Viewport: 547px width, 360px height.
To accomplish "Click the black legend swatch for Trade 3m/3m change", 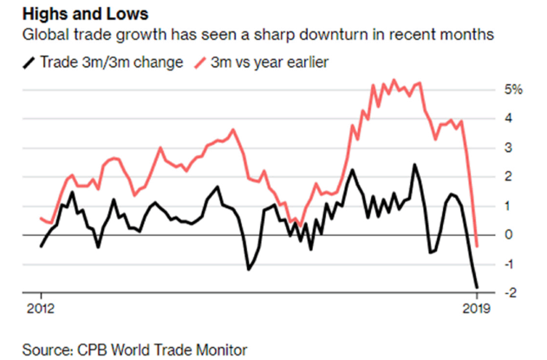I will tap(32, 62).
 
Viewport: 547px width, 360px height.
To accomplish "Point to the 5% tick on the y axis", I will tap(513, 89).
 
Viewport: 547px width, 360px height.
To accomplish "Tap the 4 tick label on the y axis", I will tap(509, 119).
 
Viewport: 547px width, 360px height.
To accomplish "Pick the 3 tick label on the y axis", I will tap(509, 147).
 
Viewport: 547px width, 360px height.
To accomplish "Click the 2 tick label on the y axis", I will tap(509, 177).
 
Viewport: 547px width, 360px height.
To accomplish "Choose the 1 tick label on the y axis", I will tap(509, 206).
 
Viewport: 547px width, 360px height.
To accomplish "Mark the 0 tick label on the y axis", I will tap(509, 235).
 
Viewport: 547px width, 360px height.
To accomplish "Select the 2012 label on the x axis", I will tap(40, 309).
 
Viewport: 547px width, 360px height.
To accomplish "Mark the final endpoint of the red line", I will tap(477, 245).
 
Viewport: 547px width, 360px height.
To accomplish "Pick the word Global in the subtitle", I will tap(50, 37).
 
